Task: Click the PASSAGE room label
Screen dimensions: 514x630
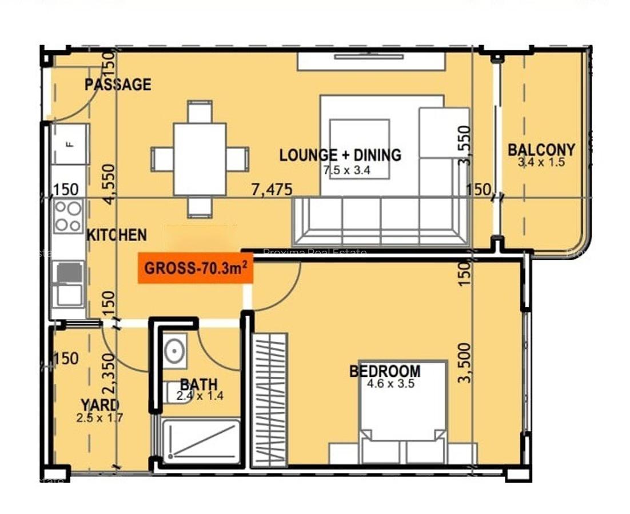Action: point(118,85)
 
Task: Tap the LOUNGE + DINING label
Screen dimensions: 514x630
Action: point(340,155)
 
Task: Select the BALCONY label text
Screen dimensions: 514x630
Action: point(541,150)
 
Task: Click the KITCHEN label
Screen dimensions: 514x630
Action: point(116,235)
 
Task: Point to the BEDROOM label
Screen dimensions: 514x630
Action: point(385,371)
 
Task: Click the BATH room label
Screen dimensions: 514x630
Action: point(198,384)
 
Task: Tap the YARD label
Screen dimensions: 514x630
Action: point(100,405)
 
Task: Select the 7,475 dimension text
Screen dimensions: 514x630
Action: point(272,189)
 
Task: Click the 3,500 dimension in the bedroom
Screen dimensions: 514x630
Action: point(465,362)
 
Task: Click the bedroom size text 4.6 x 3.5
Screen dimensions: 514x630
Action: point(390,384)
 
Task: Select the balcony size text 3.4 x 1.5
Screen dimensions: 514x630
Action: point(541,162)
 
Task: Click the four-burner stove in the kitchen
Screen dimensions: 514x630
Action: point(68,216)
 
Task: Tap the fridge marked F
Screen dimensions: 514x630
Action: point(70,144)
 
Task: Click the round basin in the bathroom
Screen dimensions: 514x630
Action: point(174,350)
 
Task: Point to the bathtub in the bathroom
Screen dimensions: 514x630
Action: point(200,441)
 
